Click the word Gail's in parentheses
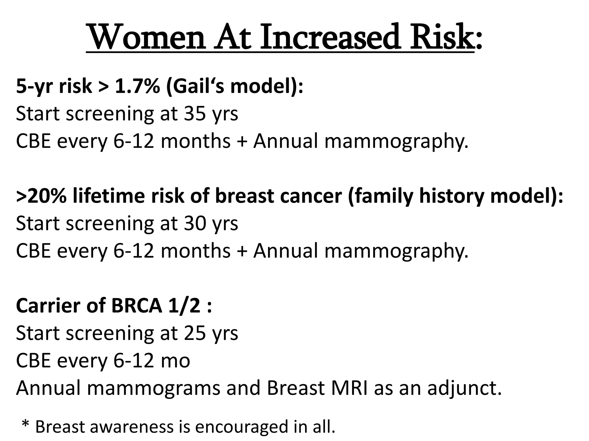point(194,86)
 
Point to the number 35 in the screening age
point(195,113)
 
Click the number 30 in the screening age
point(195,223)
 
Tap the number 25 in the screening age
point(195,333)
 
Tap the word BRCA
point(137,306)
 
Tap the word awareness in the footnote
point(132,427)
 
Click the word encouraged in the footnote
point(242,427)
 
